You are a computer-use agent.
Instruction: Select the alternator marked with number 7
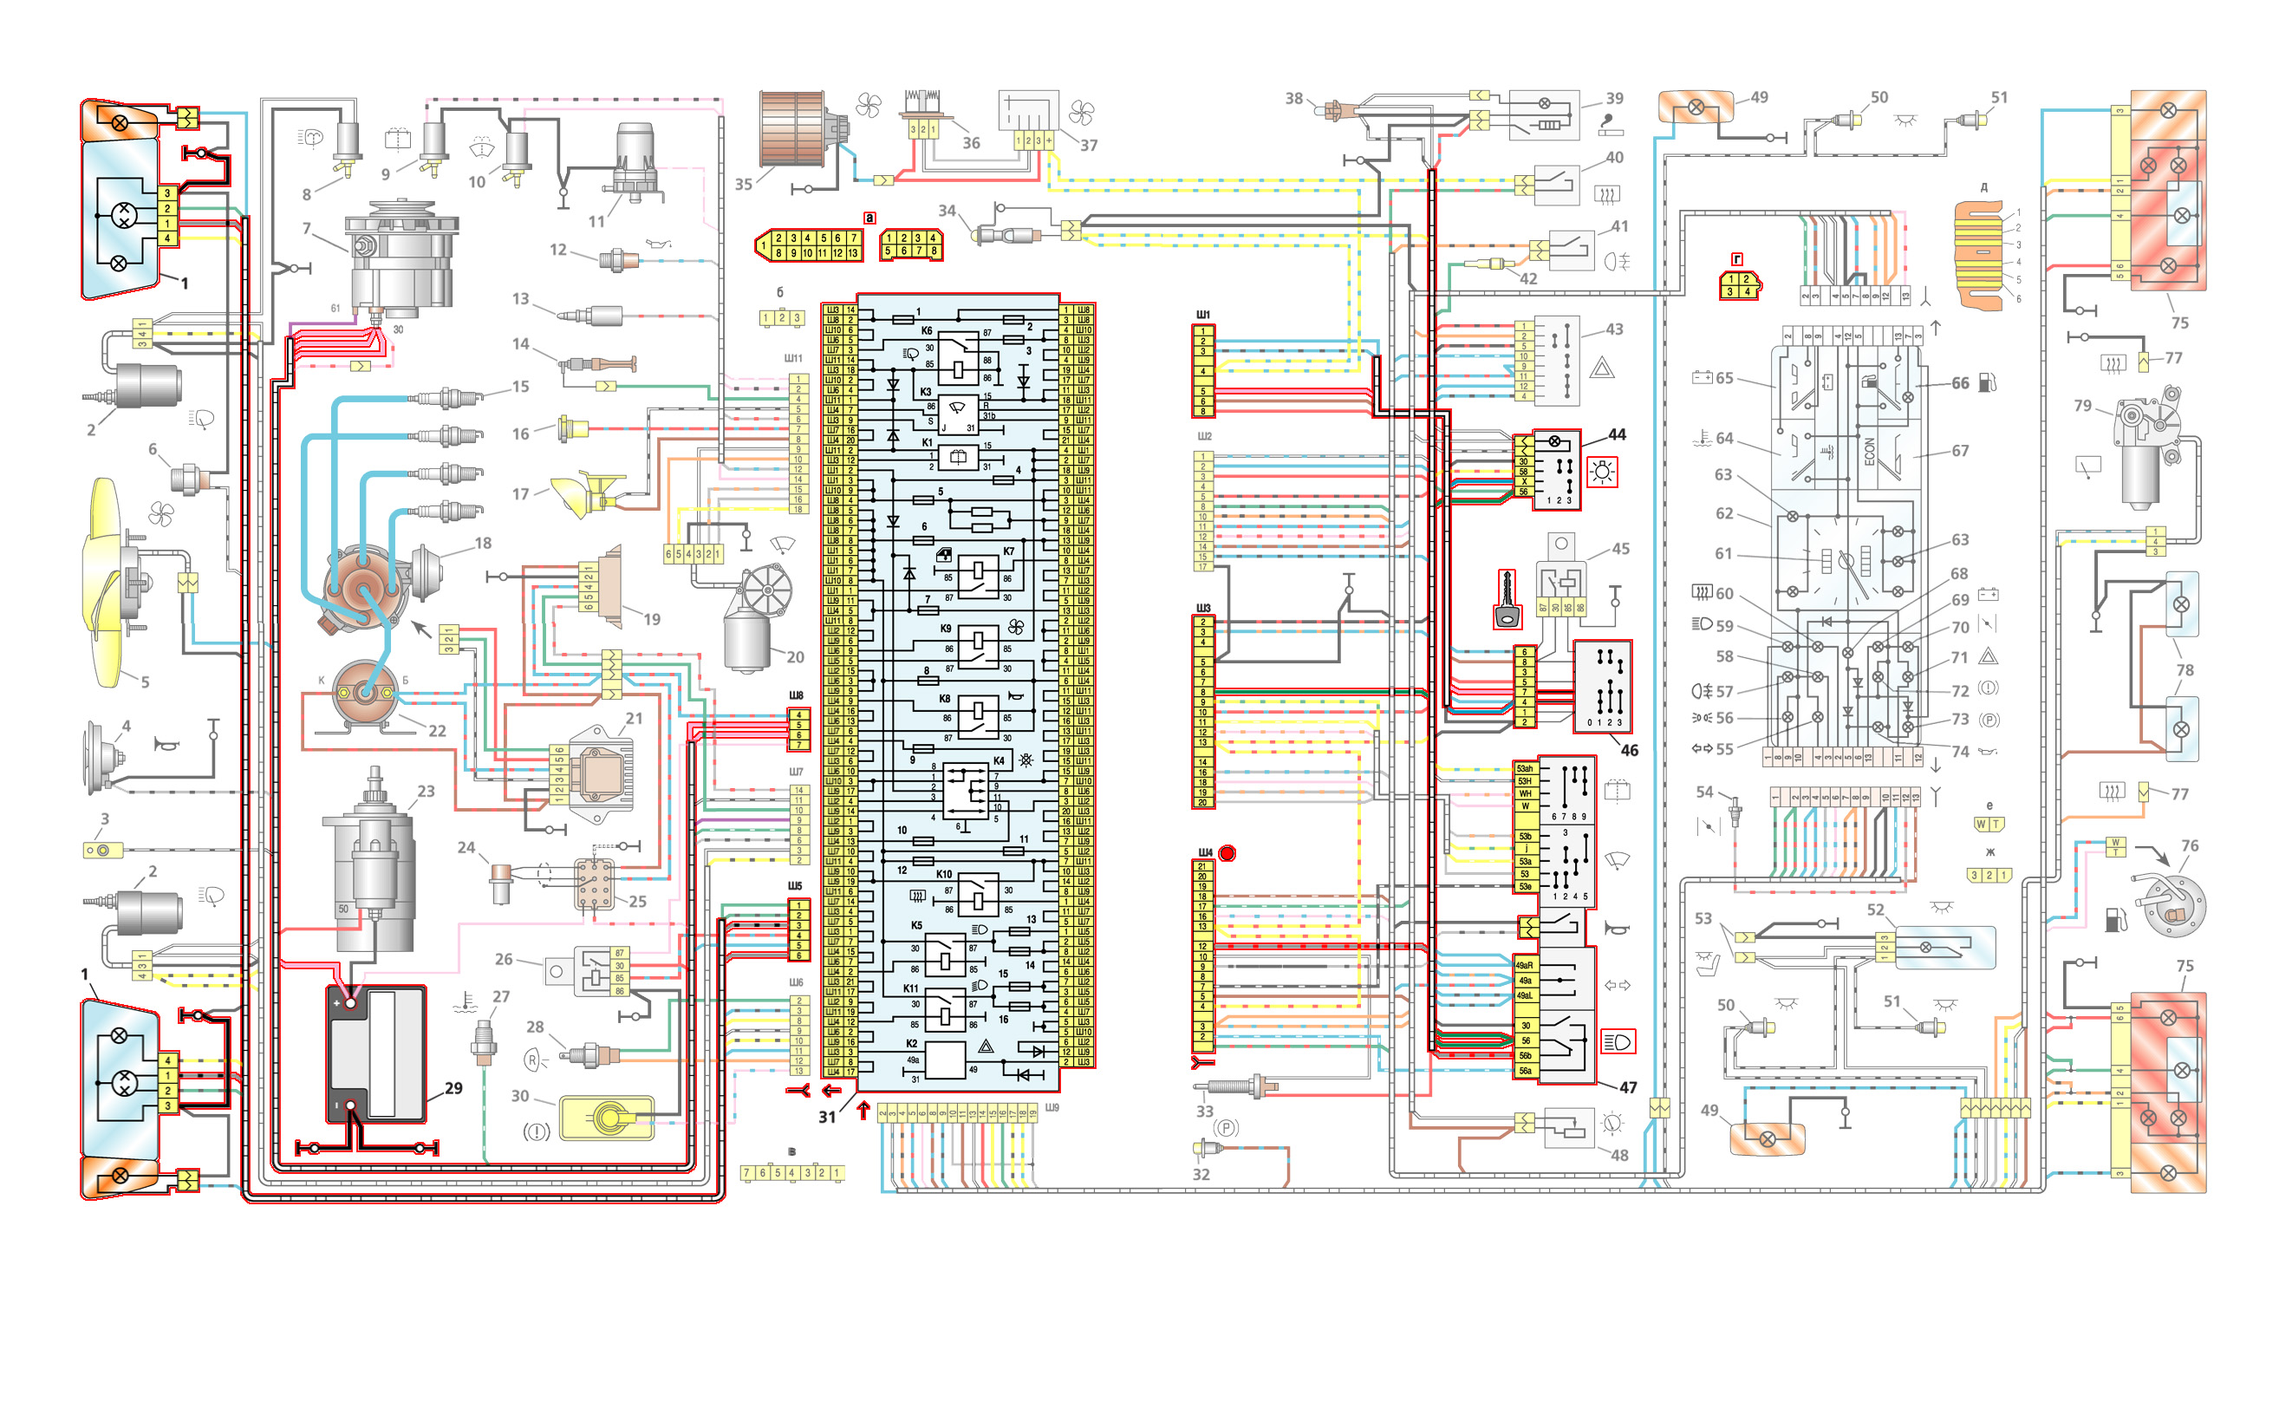tap(400, 255)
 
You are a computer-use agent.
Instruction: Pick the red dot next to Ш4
tap(1227, 853)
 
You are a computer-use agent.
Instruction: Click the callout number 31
tap(827, 1118)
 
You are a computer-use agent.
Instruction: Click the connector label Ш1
tap(1203, 315)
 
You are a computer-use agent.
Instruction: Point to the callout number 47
tap(1628, 1086)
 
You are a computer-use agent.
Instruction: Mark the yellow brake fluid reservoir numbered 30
tap(608, 1118)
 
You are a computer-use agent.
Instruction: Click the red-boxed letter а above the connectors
tap(869, 218)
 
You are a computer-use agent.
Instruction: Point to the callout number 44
tap(1617, 434)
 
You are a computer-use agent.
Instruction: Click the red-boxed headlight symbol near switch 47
tap(1618, 1042)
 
